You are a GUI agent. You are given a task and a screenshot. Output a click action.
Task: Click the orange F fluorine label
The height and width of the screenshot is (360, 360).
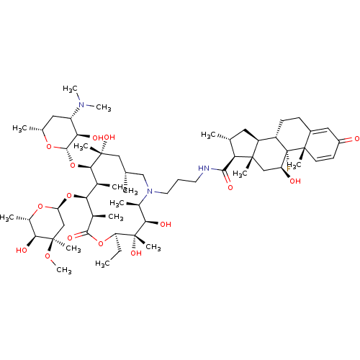[289, 169]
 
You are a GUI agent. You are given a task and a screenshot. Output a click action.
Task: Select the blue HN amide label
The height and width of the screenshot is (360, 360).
[204, 168]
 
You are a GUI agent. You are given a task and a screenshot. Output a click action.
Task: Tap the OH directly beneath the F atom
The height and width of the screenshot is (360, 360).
[295, 181]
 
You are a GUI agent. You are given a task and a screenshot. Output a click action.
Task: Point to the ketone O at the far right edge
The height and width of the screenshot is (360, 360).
[356, 138]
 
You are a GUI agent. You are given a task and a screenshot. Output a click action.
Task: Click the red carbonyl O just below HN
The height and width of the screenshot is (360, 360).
[230, 187]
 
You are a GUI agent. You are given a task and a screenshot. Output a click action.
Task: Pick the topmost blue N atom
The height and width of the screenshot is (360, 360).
[81, 105]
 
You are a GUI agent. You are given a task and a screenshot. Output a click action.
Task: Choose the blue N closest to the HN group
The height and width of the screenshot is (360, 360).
[150, 191]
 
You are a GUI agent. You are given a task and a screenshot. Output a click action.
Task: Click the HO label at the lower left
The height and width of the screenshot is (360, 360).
[22, 251]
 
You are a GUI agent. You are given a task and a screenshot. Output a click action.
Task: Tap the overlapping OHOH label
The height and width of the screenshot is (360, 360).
[104, 138]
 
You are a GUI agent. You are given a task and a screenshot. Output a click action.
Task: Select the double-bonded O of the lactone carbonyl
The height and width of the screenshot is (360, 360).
[70, 238]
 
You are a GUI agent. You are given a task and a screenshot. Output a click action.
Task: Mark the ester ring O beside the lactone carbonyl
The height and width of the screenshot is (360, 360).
[101, 243]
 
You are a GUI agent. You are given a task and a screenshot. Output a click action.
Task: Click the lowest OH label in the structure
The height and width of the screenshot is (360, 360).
[136, 253]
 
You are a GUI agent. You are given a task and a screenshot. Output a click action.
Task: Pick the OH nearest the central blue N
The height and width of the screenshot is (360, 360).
[166, 225]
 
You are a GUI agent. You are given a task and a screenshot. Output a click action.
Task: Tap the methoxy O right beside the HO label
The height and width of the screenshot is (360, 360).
[48, 256]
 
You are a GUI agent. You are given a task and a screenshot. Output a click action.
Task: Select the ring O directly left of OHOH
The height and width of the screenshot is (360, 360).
[49, 147]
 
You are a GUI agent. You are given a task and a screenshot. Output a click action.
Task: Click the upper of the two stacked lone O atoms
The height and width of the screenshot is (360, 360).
[72, 165]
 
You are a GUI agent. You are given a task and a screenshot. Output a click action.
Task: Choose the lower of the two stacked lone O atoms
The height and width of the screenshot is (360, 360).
[69, 194]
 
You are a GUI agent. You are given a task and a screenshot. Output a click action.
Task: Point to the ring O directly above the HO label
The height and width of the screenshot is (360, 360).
[40, 207]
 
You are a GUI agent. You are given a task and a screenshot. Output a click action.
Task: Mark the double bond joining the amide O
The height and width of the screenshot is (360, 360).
[228, 181]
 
